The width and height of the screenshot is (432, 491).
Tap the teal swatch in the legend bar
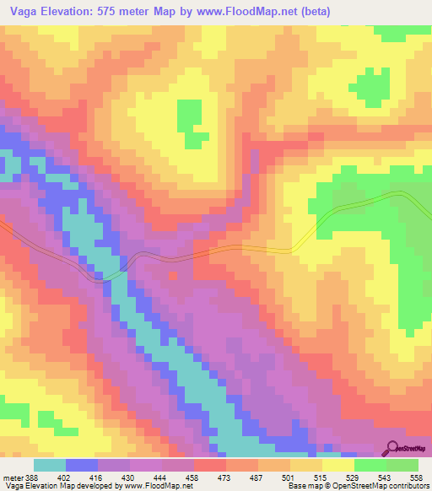[50, 465]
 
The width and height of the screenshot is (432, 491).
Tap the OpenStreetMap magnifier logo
[391, 449]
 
